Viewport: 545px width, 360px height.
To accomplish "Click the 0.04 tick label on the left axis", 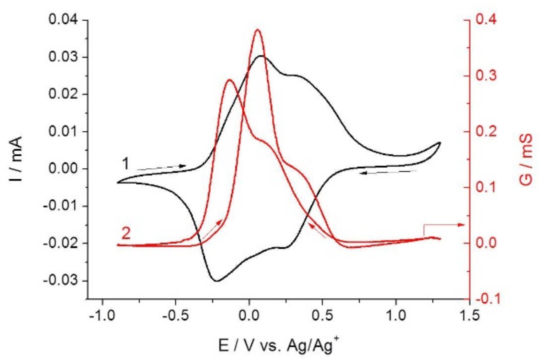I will coord(63,20).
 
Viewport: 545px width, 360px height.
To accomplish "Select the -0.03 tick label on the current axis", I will coord(61,280).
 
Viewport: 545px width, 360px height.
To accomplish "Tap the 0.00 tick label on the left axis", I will coord(63,169).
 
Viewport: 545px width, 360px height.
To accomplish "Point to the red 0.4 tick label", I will coord(486,20).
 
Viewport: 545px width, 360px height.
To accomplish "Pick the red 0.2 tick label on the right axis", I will coord(486,132).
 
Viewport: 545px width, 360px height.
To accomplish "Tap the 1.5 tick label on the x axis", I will coord(470,316).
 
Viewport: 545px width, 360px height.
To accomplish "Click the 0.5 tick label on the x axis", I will coord(322,316).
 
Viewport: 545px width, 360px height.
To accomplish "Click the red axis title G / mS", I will coord(526,159).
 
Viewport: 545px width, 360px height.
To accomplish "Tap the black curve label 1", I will coord(126,164).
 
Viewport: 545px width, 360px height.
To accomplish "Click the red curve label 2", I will coord(126,234).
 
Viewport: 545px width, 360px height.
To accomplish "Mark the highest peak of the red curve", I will coord(258,30).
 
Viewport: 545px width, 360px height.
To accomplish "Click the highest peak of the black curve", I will coord(261,56).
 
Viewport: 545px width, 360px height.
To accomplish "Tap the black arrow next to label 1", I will coord(162,167).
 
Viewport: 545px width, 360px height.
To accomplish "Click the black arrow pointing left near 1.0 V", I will coord(388,172).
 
